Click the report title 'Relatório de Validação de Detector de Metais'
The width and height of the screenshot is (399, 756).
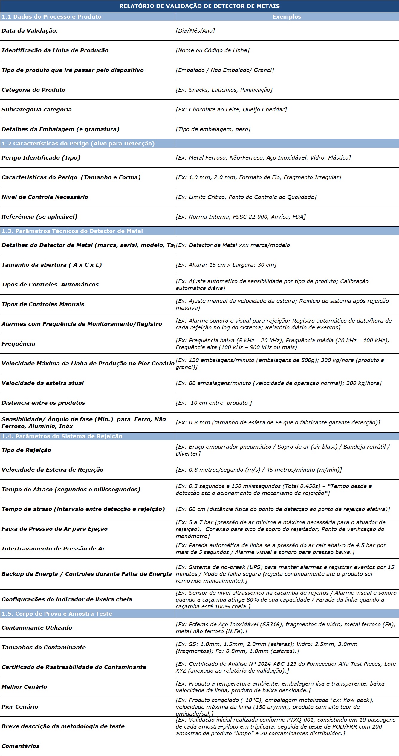(199, 6)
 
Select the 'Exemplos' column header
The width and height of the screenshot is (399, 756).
(286, 16)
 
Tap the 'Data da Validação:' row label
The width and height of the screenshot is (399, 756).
(30, 30)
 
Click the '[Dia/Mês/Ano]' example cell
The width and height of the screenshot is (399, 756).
(195, 30)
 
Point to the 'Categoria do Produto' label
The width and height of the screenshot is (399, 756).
(33, 90)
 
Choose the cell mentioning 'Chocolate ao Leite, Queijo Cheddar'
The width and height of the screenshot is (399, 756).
(231, 109)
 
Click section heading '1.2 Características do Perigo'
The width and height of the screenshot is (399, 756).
(78, 143)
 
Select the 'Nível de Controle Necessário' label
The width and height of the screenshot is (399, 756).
(45, 197)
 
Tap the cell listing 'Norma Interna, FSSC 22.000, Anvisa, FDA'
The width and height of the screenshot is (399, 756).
(241, 217)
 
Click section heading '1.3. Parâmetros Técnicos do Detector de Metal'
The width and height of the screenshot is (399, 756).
(72, 231)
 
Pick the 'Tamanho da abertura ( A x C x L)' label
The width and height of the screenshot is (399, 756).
(52, 265)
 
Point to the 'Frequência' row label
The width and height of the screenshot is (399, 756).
(19, 344)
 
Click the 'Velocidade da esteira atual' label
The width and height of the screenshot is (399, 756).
(43, 383)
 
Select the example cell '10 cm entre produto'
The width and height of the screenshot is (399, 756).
(214, 403)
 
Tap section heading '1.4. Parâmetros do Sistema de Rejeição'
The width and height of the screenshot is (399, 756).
(62, 436)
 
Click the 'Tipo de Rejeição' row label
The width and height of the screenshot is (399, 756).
(26, 450)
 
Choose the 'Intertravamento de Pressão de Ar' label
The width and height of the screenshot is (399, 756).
(53, 548)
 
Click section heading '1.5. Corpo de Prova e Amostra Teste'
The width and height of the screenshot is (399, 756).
(57, 614)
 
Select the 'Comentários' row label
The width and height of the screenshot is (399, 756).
(21, 746)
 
